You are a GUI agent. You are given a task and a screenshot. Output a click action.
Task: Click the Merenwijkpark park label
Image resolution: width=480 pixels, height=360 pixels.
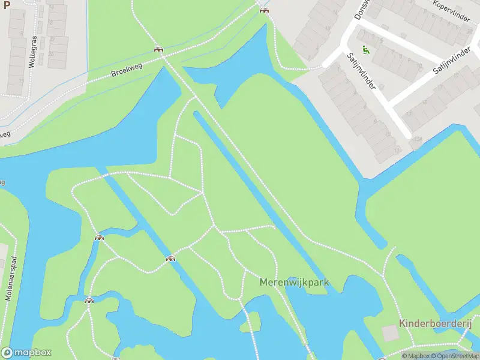294,281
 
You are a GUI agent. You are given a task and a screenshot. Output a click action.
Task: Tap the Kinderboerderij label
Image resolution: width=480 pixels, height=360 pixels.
436,324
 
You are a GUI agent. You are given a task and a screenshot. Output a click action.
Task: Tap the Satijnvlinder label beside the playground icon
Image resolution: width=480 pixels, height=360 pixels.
361,70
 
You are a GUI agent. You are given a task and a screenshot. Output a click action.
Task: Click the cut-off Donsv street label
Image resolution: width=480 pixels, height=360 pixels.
361,10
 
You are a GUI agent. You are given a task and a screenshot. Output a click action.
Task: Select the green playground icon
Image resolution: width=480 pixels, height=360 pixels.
366,50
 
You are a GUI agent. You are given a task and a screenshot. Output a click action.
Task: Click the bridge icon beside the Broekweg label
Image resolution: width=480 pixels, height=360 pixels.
158,50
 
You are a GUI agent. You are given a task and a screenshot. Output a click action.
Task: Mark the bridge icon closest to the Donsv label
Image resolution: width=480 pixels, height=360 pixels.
263,9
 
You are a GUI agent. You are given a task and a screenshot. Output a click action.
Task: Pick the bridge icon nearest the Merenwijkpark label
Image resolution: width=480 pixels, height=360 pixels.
171,259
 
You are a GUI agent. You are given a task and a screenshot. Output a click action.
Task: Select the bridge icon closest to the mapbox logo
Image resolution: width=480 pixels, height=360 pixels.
89,300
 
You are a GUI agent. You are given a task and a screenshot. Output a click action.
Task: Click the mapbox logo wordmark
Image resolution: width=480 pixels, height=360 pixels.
26,353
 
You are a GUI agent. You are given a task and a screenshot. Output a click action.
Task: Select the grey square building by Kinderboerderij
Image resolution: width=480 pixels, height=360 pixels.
391,333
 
